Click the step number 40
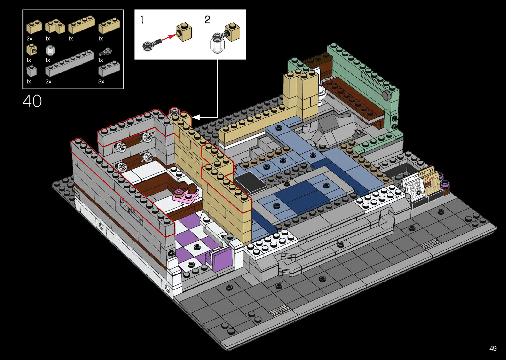click(x=32, y=101)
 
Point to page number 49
click(x=493, y=348)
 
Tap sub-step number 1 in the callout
click(x=142, y=20)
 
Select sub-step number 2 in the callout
click(x=207, y=20)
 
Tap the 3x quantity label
click(x=101, y=82)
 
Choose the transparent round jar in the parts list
click(x=50, y=50)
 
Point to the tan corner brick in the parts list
click(x=55, y=27)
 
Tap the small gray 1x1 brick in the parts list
click(x=32, y=71)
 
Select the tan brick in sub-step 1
click(x=184, y=32)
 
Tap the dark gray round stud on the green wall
click(x=386, y=95)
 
